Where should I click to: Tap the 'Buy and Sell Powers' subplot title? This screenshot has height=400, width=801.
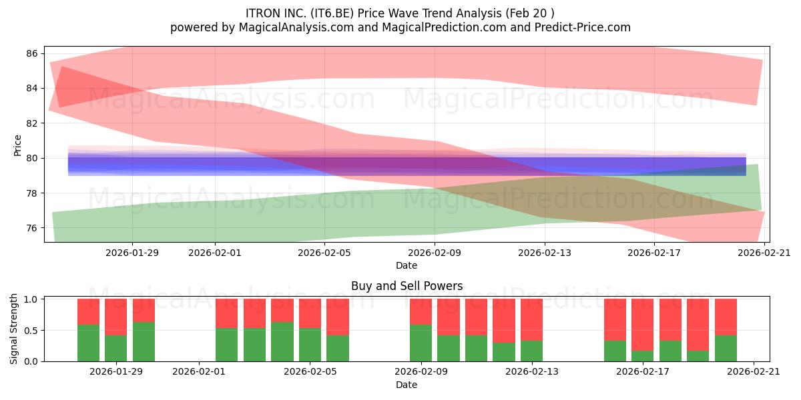tap(407, 286)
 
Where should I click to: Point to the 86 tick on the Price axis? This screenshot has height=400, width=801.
tap(32, 53)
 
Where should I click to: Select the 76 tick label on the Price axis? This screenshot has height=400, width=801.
tap(32, 228)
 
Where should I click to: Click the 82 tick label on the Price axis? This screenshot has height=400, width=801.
tap(32, 123)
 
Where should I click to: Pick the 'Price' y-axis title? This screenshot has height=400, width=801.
tap(17, 145)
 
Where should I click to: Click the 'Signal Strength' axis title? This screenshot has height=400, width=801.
tap(13, 329)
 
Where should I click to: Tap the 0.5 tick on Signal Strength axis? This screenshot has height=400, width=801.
tap(31, 331)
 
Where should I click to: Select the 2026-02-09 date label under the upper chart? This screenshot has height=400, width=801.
tap(435, 253)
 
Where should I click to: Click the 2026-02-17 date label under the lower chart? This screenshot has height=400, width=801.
tap(643, 371)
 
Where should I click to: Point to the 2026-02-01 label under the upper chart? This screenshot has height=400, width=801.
tap(215, 253)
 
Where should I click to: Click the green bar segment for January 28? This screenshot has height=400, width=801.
tap(88, 343)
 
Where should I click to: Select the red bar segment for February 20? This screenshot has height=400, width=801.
tap(726, 317)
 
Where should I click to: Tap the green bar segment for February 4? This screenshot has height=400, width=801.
tap(282, 342)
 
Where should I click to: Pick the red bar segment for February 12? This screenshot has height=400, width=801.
tap(504, 321)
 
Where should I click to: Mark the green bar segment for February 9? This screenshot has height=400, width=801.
tap(421, 343)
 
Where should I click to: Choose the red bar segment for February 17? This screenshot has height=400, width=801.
tap(643, 325)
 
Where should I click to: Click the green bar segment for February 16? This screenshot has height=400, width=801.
tap(615, 351)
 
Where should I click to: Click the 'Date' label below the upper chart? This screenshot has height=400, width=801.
tap(407, 265)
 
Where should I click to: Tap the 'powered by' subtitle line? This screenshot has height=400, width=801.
tap(400, 27)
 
